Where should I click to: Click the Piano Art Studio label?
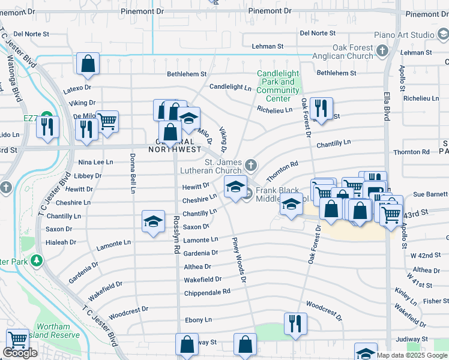(x=404, y=35)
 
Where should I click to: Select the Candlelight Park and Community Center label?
(x=278, y=86)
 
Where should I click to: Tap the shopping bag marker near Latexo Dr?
(x=88, y=64)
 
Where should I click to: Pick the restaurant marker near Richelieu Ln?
(x=322, y=109)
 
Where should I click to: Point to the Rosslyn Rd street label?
(x=176, y=235)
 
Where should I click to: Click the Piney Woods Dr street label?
(x=239, y=260)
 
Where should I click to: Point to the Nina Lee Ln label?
(x=95, y=163)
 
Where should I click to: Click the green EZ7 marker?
(x=46, y=118)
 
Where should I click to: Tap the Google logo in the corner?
(x=20, y=353)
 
